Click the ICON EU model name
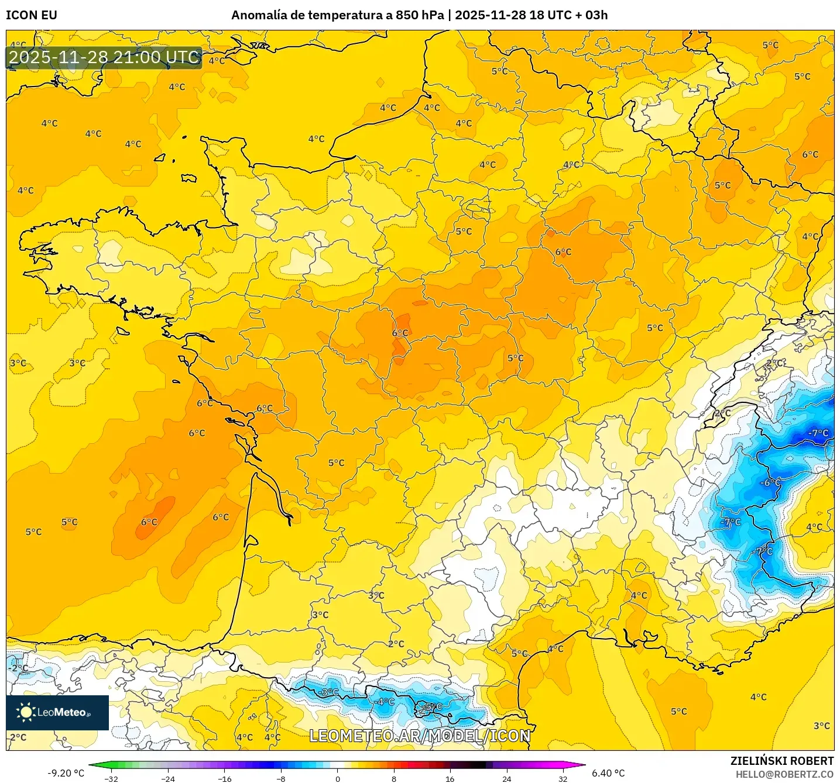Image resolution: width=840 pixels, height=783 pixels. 32,15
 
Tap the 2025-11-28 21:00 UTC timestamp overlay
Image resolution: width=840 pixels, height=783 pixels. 104,57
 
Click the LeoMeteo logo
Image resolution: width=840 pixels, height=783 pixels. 57,712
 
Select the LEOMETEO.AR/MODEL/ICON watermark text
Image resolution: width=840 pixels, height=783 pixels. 420,736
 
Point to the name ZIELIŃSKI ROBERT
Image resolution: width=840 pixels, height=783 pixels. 781,761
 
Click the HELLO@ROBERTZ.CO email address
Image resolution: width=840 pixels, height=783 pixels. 784,774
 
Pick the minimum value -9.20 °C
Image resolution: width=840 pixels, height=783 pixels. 66,773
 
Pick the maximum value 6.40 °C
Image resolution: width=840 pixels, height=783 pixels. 608,773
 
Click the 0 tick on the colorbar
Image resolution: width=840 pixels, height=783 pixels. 337,778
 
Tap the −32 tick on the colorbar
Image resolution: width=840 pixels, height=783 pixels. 111,778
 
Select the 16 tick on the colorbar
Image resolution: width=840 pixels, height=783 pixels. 450,778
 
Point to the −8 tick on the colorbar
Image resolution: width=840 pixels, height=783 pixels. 280,778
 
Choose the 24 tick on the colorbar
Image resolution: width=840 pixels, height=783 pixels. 507,778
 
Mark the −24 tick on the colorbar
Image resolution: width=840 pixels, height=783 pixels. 167,778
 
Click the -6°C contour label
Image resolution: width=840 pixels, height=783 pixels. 770,482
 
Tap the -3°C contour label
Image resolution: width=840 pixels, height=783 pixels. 329,692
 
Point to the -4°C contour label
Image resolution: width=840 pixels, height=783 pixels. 385,701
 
